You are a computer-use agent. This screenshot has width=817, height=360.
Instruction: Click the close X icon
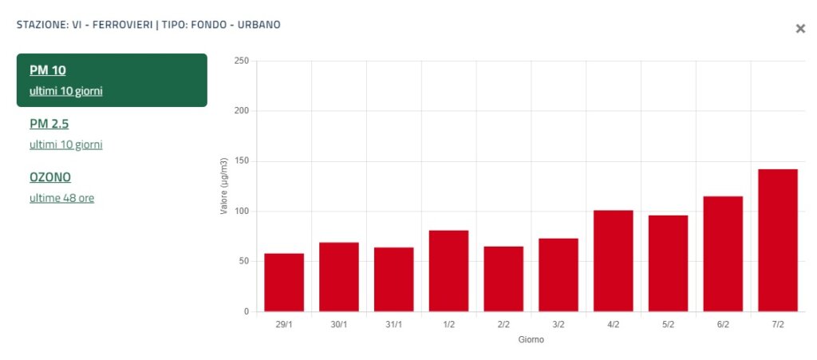click(800, 29)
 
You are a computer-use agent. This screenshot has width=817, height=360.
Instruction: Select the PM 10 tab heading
click(47, 70)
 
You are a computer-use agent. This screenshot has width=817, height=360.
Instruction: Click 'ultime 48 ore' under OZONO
click(61, 198)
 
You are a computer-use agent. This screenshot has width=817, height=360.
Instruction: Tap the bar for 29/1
click(284, 283)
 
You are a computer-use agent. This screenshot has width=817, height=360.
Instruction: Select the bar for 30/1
click(339, 277)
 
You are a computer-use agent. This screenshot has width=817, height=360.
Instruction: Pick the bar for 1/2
click(448, 271)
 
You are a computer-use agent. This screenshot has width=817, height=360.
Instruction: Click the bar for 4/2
click(613, 261)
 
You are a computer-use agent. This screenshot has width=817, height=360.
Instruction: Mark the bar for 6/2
click(723, 254)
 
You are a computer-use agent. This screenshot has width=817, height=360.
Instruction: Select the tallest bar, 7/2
click(778, 240)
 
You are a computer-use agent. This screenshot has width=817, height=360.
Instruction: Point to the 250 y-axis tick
click(241, 61)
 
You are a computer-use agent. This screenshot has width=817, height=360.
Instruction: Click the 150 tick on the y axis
click(241, 161)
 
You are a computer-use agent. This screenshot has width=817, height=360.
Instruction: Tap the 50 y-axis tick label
click(243, 261)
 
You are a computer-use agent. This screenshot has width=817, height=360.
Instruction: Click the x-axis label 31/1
click(393, 325)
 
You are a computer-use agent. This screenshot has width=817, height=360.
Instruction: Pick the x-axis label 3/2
click(558, 325)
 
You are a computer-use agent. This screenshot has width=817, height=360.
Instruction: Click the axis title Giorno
click(531, 339)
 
